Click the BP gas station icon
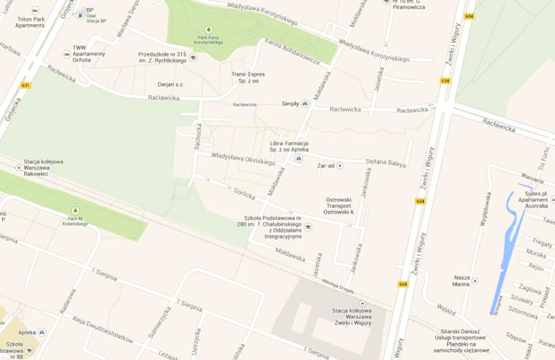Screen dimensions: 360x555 pyautogui.click(x=80, y=14)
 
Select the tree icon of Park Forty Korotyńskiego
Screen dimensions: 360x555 pyautogui.click(x=208, y=29)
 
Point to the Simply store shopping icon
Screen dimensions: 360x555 pyautogui.click(x=305, y=104)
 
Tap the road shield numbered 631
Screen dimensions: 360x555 pyautogui.click(x=25, y=86)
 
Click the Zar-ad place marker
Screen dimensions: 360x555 pyautogui.click(x=340, y=166)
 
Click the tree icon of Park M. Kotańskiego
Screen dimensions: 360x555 pyautogui.click(x=75, y=210)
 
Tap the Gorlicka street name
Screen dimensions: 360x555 pyautogui.click(x=244, y=194)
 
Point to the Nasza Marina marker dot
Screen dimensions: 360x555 pyautogui.click(x=475, y=281)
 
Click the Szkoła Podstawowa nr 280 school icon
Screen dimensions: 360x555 pyautogui.click(x=308, y=227)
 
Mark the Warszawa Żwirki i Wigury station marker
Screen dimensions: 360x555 pyautogui.click(x=362, y=303)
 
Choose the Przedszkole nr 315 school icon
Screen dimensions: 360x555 pyautogui.click(x=193, y=57)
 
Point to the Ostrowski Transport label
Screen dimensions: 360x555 pyautogui.click(x=341, y=206)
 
